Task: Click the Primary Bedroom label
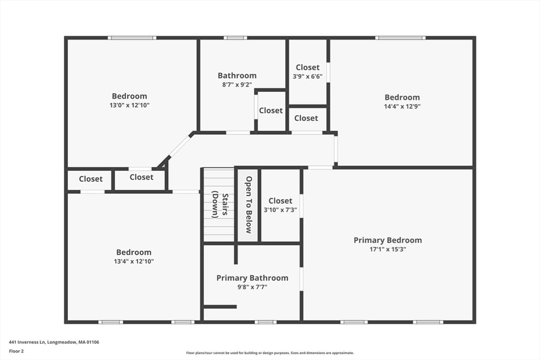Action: (x=387, y=240)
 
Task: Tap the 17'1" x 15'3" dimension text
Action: (x=387, y=249)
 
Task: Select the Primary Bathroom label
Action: (x=252, y=278)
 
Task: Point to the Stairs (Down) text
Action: (x=219, y=204)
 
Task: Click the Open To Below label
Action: (x=249, y=204)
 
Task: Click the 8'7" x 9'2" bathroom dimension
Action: (x=237, y=85)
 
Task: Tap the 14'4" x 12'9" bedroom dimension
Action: (x=402, y=106)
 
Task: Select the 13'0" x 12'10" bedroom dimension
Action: (x=129, y=105)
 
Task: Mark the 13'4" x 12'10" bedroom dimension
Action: (x=134, y=261)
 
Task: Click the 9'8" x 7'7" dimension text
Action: (x=252, y=287)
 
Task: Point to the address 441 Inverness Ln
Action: (x=54, y=342)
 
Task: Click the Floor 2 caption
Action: (x=17, y=351)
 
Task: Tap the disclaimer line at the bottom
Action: (x=269, y=352)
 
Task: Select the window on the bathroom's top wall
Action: (x=235, y=38)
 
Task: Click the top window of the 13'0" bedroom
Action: (x=132, y=38)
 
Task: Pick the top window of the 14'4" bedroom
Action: (x=400, y=38)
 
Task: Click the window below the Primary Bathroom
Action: (x=265, y=322)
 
